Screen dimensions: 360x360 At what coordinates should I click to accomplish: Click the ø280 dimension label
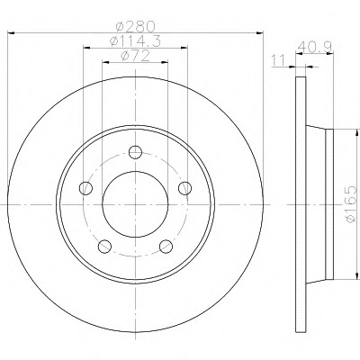(136, 27)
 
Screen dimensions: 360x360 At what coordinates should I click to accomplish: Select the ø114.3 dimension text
(136, 41)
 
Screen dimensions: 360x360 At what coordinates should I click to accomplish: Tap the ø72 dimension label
(135, 56)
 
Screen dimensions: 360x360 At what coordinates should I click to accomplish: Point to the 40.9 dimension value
(315, 47)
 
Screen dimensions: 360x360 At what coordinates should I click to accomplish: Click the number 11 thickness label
(278, 60)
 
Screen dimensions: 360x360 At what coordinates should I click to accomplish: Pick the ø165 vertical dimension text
(351, 204)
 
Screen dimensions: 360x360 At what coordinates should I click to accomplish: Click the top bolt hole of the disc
(135, 152)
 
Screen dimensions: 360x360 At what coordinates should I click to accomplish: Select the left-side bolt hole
(85, 188)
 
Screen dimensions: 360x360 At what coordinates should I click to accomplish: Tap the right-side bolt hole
(184, 188)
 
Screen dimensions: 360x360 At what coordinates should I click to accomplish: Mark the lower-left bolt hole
(104, 247)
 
